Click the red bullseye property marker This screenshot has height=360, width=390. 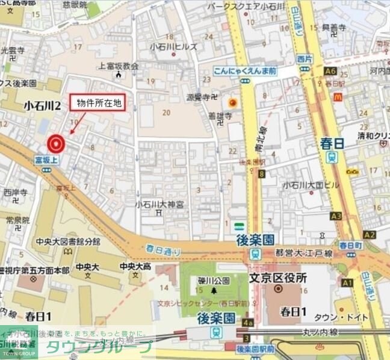pyautogui.click(x=56, y=143)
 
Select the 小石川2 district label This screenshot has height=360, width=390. pyautogui.click(x=42, y=106)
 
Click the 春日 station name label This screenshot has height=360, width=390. pyautogui.click(x=332, y=143)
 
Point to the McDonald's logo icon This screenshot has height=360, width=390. pyautogui.click(x=338, y=96)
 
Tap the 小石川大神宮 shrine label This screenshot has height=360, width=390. pyautogui.click(x=160, y=204)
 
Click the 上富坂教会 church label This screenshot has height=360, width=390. pyautogui.click(x=119, y=66)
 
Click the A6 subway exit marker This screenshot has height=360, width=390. pyautogui.click(x=329, y=71)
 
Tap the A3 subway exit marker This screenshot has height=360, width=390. pyautogui.click(x=336, y=216)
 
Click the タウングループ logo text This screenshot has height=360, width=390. pyautogui.click(x=99, y=347)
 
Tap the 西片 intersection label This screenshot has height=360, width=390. pyautogui.click(x=304, y=59)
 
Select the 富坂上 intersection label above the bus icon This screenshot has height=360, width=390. pyautogui.click(x=46, y=160)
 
